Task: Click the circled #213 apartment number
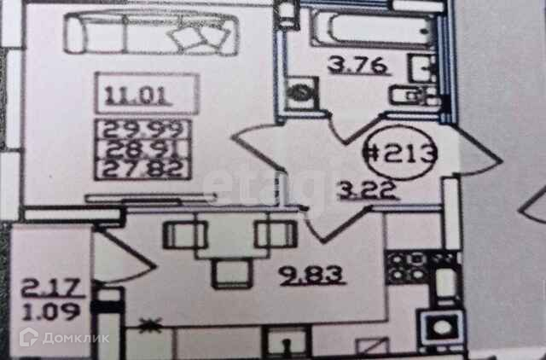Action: (401, 156)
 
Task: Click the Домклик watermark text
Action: (86, 339)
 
